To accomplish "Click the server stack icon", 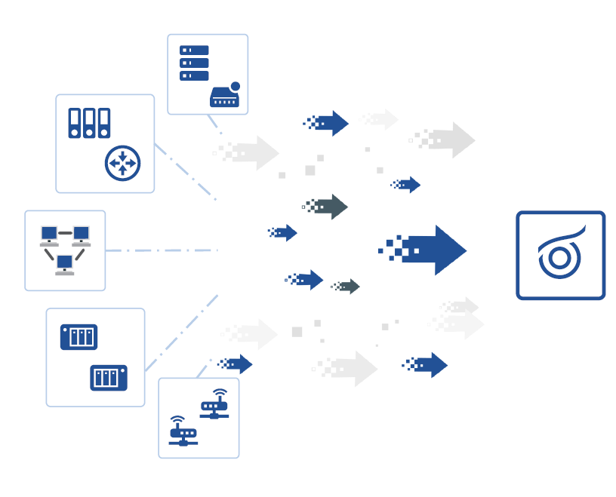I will pyautogui.click(x=194, y=63).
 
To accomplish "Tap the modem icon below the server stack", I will pyautogui.click(x=225, y=97).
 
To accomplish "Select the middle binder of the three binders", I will pyautogui.click(x=89, y=123).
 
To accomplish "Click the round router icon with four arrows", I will pyautogui.click(x=122, y=163).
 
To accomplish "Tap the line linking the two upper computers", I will pyautogui.click(x=65, y=233).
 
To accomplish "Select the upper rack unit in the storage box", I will pyautogui.click(x=79, y=337).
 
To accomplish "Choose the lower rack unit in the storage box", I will pyautogui.click(x=109, y=377).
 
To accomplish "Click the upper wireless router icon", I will pyautogui.click(x=215, y=406).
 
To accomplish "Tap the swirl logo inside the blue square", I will pyautogui.click(x=560, y=255).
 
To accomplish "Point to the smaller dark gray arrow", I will pyautogui.click(x=347, y=286).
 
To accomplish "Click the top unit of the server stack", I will pyautogui.click(x=194, y=51).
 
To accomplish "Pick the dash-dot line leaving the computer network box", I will pyautogui.click(x=162, y=250).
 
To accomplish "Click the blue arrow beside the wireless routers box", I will pyautogui.click(x=237, y=364).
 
